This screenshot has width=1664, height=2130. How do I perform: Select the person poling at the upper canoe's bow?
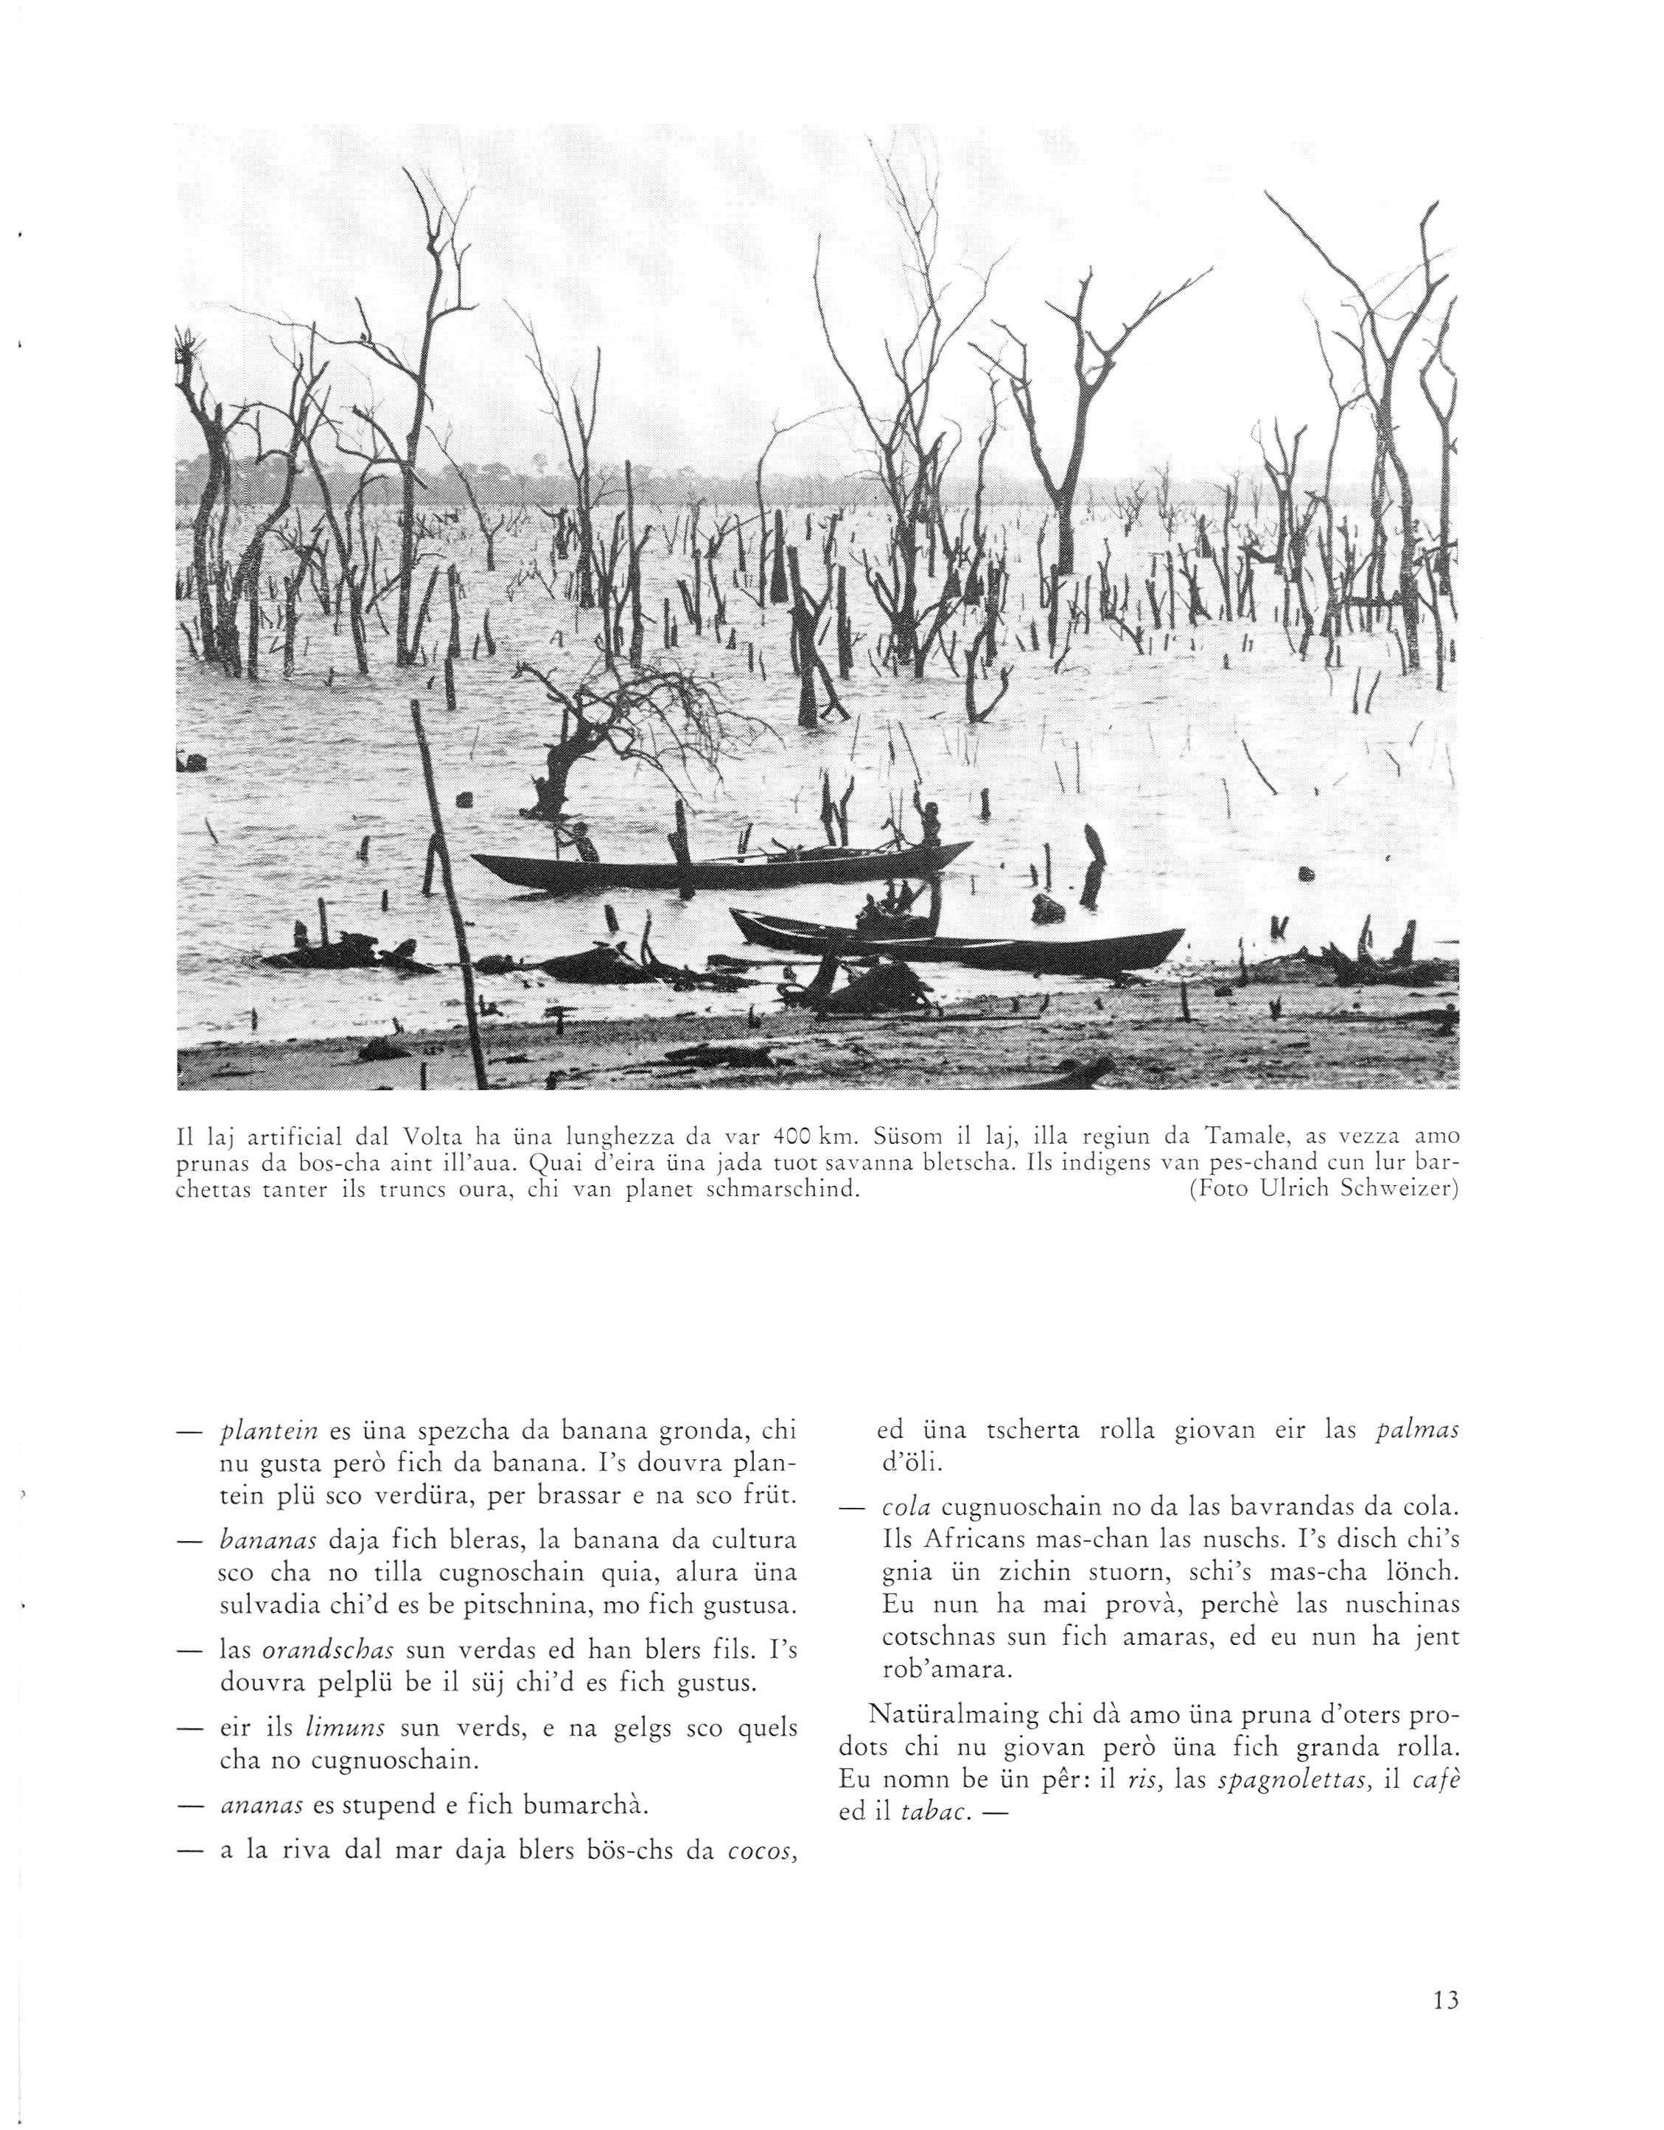(581, 839)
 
